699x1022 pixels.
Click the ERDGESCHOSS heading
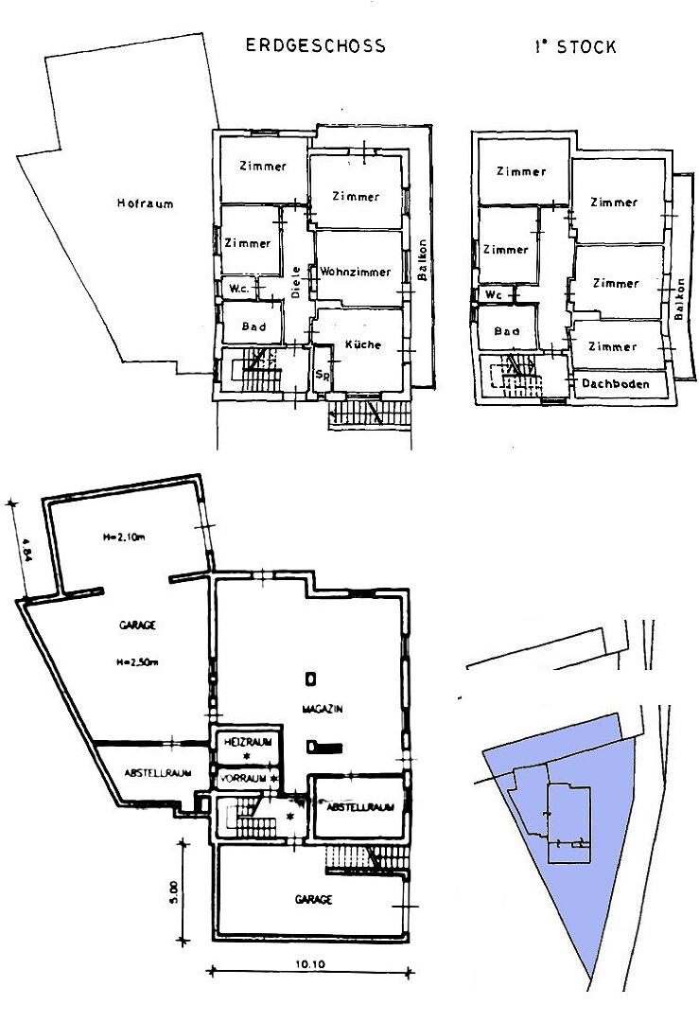click(x=315, y=45)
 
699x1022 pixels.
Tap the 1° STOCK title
click(x=575, y=47)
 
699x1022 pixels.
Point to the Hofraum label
click(x=146, y=203)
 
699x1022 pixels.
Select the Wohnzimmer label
click(x=355, y=272)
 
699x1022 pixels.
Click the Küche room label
click(x=363, y=344)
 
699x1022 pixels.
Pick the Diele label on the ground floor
click(x=296, y=282)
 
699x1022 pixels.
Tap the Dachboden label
click(x=616, y=383)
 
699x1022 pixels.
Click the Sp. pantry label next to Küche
click(x=322, y=375)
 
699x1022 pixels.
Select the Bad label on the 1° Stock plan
click(x=507, y=331)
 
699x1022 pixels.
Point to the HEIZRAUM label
click(x=248, y=742)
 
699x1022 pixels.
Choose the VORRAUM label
click(x=244, y=778)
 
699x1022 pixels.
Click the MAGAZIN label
click(x=323, y=709)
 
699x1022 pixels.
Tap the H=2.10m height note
click(x=123, y=537)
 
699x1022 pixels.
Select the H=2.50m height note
click(x=137, y=662)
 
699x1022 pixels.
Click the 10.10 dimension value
click(x=310, y=964)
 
